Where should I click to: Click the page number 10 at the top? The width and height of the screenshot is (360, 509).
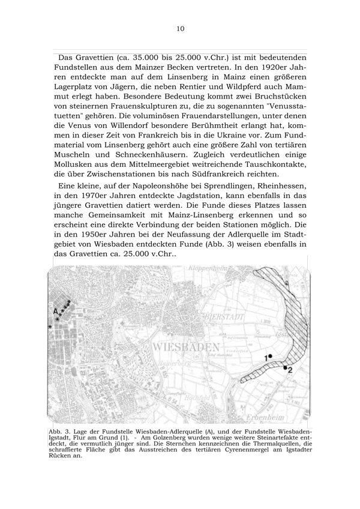[x=181, y=28]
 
